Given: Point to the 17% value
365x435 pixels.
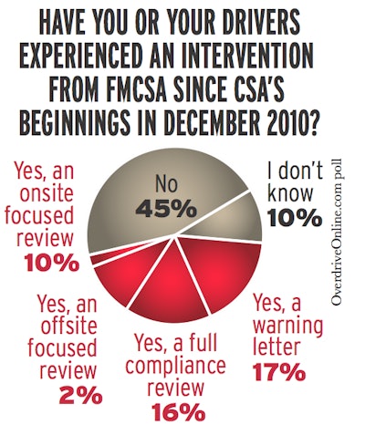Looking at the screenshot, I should tap(295, 374).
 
